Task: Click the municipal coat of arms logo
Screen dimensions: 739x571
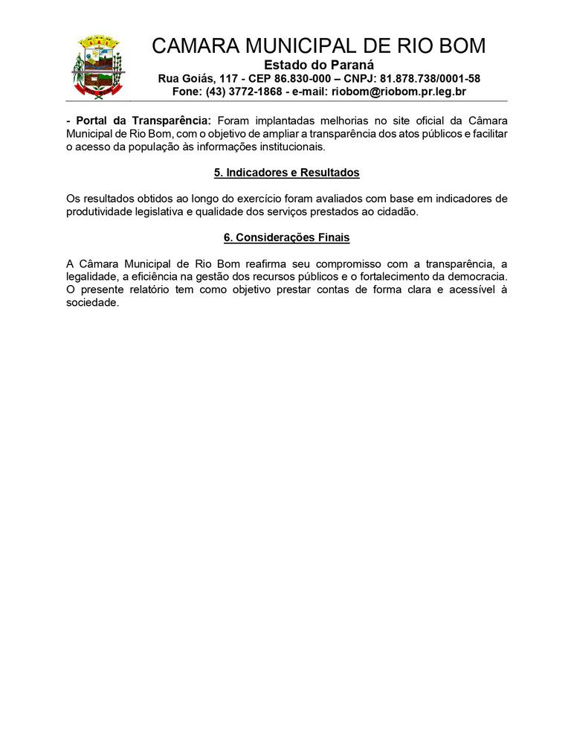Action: (x=98, y=66)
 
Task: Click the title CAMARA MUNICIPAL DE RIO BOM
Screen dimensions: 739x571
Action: (x=319, y=46)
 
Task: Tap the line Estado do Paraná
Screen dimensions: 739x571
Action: (x=319, y=65)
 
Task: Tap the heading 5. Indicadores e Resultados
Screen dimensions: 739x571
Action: (x=286, y=173)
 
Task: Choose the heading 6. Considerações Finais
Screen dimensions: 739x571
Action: (x=286, y=238)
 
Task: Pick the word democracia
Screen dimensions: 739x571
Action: (x=477, y=278)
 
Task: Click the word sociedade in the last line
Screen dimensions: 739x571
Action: (x=92, y=304)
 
